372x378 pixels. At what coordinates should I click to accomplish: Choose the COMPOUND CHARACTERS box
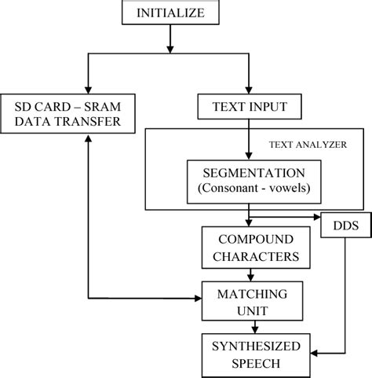click(249, 246)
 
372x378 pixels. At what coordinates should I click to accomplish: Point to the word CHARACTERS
click(249, 255)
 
